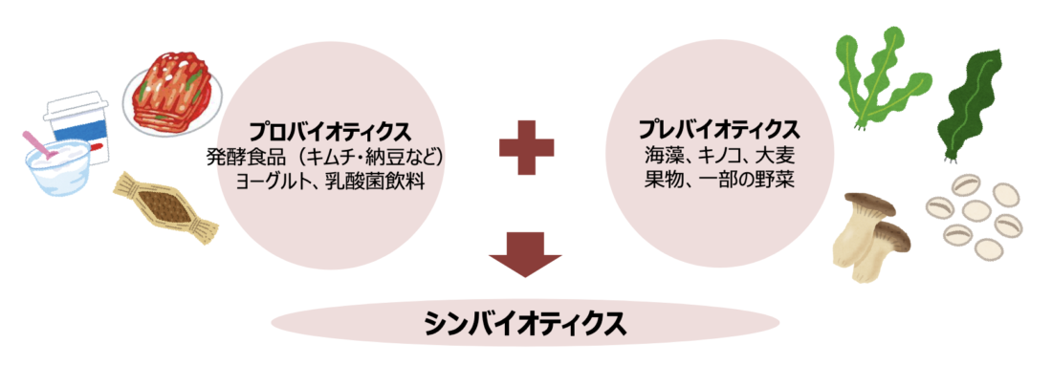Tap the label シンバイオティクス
pos(525,323)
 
